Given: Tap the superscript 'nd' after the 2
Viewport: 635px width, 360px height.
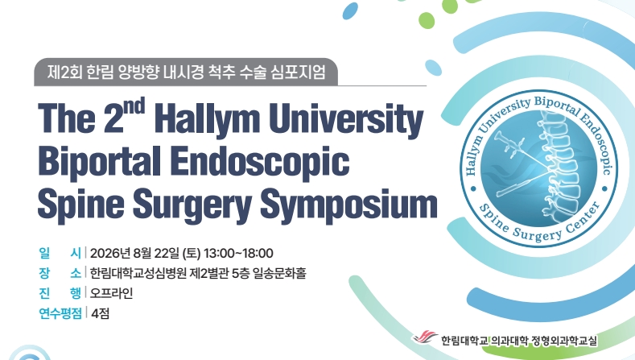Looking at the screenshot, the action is pyautogui.click(x=134, y=106).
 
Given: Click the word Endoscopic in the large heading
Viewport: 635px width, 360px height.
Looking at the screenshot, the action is pyautogui.click(x=259, y=162).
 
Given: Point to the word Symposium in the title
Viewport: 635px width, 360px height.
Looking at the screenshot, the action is pyautogui.click(x=348, y=204).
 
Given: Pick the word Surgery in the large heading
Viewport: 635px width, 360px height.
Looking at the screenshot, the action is pyautogui.click(x=192, y=204).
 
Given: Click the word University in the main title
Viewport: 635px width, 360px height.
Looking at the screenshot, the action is pyautogui.click(x=346, y=119).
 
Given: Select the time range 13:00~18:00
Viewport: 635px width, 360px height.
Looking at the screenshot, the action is pyautogui.click(x=238, y=254).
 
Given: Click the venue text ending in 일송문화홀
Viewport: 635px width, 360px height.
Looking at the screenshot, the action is pyautogui.click(x=198, y=273).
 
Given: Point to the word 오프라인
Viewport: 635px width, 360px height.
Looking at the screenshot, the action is pyautogui.click(x=111, y=293).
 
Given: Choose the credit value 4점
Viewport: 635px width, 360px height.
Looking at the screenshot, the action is pyautogui.click(x=100, y=313).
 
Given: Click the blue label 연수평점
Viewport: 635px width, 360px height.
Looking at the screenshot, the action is pyautogui.click(x=60, y=313).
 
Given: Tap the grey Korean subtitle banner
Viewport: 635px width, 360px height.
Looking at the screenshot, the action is pyautogui.click(x=186, y=72).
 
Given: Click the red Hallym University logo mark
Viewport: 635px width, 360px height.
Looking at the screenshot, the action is pyautogui.click(x=425, y=337).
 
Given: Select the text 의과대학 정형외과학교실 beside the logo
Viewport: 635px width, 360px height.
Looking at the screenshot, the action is pyautogui.click(x=544, y=341).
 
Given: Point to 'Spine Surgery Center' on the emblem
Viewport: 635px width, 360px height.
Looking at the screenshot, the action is pyautogui.click(x=540, y=224).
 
